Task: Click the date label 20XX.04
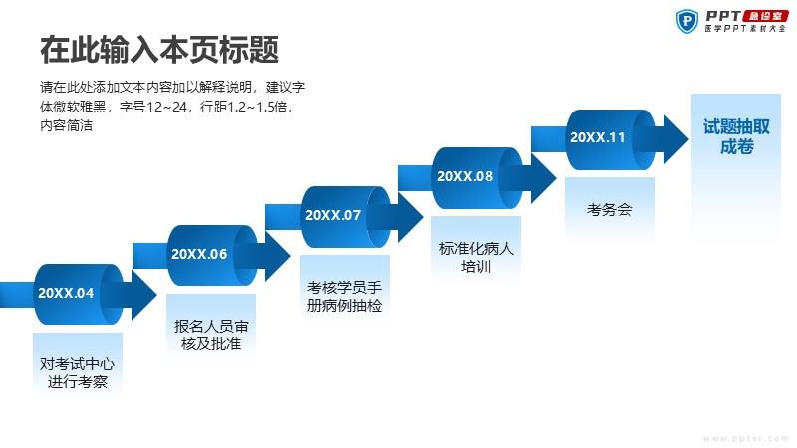tap(66, 293)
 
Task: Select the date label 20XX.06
tap(199, 254)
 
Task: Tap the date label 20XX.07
tap(333, 215)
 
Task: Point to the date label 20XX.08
tap(465, 176)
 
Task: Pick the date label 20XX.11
tap(597, 137)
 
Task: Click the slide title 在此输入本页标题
tap(159, 50)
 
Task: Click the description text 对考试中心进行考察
tap(78, 372)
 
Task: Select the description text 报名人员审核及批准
tap(211, 335)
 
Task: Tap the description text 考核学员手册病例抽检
tap(344, 296)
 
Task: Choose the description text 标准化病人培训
tap(476, 257)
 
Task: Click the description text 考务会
tap(609, 209)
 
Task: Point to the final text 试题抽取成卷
tap(736, 136)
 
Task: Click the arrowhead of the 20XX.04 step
tap(143, 295)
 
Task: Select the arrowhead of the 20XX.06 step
tap(277, 256)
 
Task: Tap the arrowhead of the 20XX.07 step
tap(410, 217)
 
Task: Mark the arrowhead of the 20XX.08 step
tap(543, 178)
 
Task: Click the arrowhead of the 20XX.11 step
tap(676, 139)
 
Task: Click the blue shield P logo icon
tap(687, 21)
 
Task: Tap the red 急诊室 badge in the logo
tap(766, 16)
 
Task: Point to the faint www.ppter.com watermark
tap(746, 438)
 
